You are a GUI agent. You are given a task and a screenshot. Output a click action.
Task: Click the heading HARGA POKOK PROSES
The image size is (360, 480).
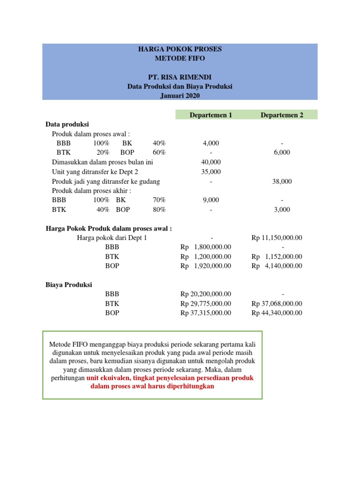coord(180,49)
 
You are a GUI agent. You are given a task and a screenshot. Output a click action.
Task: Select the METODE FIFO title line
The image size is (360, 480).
coord(180,59)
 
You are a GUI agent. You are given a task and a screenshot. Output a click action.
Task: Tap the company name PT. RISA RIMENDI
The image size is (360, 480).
coord(180,77)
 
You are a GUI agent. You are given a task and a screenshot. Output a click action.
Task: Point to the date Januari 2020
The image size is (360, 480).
coord(180,96)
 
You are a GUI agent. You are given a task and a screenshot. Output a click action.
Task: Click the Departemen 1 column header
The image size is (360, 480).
coord(210,115)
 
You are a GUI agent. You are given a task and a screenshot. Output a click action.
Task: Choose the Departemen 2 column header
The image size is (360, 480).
coord(282,115)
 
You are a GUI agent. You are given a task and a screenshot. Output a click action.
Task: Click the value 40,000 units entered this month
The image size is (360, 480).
coord(210,162)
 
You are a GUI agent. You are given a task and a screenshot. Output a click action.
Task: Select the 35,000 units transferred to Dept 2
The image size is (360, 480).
coord(210,172)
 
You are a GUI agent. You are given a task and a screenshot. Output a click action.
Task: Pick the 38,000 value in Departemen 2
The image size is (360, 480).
coord(282,181)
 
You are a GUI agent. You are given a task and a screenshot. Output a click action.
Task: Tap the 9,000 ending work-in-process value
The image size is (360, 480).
coord(210,200)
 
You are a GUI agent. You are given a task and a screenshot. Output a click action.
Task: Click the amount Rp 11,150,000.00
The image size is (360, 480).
coord(277,238)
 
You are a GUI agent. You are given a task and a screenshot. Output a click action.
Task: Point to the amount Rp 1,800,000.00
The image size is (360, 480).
coord(206,247)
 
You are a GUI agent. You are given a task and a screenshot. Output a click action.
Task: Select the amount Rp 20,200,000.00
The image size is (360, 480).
coord(206,294)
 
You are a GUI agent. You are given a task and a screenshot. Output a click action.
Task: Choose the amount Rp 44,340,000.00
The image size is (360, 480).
coord(277,313)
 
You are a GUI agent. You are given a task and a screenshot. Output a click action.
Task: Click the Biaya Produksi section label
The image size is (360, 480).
coord(69,285)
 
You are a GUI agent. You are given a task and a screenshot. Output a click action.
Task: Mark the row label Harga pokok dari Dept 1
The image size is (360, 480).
coord(112,238)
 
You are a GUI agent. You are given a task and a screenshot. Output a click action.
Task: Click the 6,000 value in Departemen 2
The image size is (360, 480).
coord(282,152)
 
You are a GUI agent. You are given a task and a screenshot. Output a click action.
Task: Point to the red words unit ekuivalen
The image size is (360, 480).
coord(108,377)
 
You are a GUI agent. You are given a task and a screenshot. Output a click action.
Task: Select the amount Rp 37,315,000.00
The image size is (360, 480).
coord(206,313)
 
